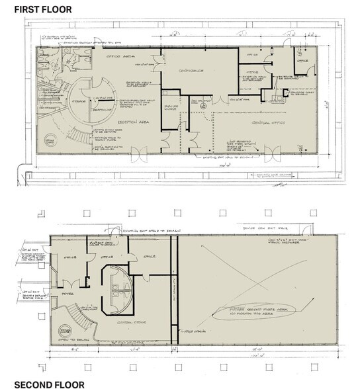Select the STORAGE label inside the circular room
(99, 108)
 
